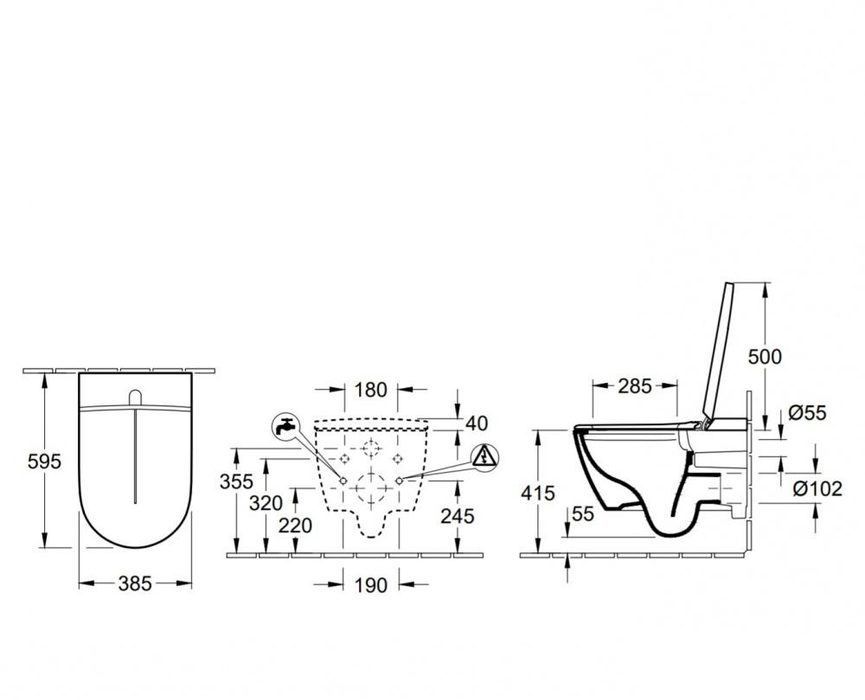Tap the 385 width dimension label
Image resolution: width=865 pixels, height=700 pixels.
pyautogui.click(x=134, y=583)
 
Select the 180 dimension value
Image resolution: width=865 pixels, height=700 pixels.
pyautogui.click(x=370, y=390)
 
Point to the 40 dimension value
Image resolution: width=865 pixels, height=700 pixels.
pyautogui.click(x=476, y=423)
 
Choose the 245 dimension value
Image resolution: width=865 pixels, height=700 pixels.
pyautogui.click(x=457, y=516)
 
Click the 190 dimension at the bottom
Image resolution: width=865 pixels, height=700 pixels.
pyautogui.click(x=370, y=585)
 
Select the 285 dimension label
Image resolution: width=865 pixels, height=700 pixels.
pyautogui.click(x=635, y=386)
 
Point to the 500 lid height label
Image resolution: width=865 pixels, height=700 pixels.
pyautogui.click(x=764, y=356)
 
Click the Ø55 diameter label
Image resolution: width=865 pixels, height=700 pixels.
pyautogui.click(x=808, y=413)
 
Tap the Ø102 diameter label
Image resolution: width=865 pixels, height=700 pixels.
pyautogui.click(x=818, y=488)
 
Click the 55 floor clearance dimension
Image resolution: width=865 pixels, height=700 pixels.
pyautogui.click(x=583, y=514)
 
